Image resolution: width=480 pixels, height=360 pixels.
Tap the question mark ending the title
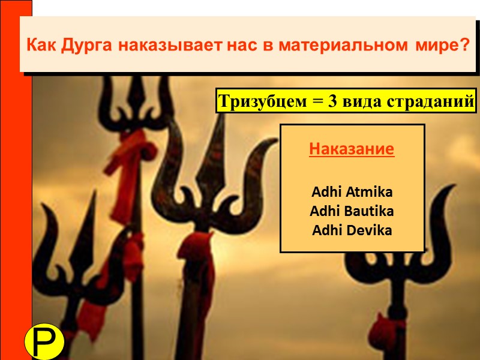click(466, 45)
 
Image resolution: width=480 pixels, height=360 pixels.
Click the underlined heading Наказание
click(352, 149)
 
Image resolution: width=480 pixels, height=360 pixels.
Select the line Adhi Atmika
click(352, 193)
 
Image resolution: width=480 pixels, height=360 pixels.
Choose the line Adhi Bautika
click(352, 211)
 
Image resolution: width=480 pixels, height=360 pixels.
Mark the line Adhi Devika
click(352, 230)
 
